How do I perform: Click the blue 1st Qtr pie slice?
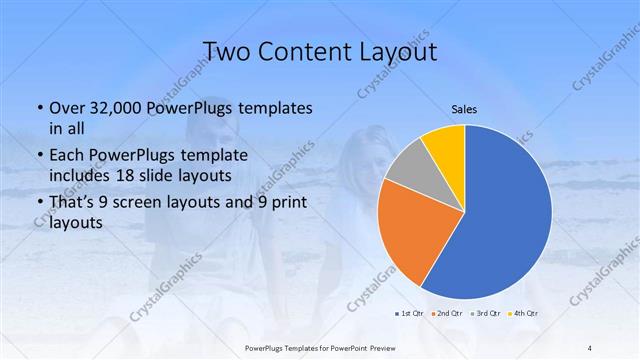pyautogui.click(x=505, y=215)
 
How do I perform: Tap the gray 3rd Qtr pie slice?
pyautogui.click(x=405, y=172)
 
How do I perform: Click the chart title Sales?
pyautogui.click(x=463, y=108)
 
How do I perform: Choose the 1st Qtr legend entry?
pyautogui.click(x=410, y=314)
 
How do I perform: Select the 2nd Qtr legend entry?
pyautogui.click(x=447, y=314)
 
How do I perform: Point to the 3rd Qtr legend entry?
pyautogui.click(x=485, y=314)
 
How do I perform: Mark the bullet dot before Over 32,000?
pyautogui.click(x=39, y=108)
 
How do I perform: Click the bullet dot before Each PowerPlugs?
pyautogui.click(x=39, y=155)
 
